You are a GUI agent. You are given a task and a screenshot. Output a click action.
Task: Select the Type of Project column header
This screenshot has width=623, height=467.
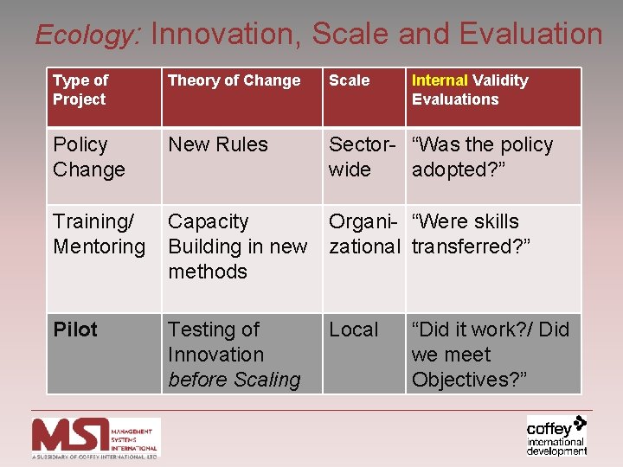[x=80, y=90]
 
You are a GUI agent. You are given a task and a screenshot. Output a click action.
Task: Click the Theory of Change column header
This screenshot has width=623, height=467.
[x=234, y=80]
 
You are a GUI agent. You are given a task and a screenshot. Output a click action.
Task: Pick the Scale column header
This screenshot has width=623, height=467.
[x=349, y=80]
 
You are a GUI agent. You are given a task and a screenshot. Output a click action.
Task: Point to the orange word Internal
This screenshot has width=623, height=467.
[x=440, y=80]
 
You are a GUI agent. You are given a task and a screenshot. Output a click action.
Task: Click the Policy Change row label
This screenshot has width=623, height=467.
[x=89, y=157]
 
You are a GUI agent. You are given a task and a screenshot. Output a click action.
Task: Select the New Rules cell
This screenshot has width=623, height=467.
[x=218, y=144]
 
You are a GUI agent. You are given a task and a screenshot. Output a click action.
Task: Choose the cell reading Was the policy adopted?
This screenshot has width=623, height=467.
[x=482, y=157]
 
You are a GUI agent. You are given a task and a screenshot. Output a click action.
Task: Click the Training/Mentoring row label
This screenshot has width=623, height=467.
[x=99, y=234]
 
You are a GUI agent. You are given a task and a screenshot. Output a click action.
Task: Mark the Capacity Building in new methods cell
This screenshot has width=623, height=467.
[x=237, y=246]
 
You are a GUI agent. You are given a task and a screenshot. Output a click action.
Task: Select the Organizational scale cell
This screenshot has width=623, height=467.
[x=363, y=234]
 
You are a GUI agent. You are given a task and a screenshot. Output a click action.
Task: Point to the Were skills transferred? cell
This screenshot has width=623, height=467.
[x=471, y=234]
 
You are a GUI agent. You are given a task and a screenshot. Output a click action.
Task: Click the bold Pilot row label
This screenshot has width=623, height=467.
[x=75, y=329]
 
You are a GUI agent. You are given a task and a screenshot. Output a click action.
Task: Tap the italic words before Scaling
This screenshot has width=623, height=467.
[x=234, y=380]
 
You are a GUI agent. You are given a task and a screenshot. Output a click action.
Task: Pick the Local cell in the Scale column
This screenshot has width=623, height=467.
[x=353, y=329]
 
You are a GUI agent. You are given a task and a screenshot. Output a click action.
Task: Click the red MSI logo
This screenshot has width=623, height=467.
[x=96, y=436]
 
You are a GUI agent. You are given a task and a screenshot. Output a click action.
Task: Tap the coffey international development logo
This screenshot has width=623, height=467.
[x=556, y=435]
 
